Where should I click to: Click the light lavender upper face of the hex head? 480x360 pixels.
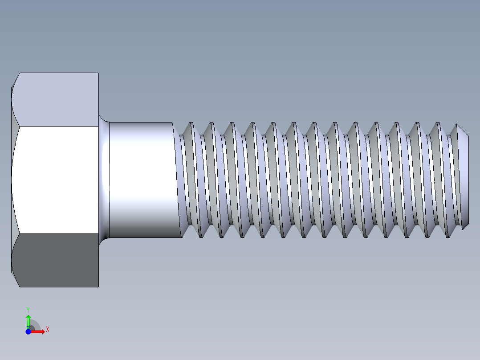point(56,99)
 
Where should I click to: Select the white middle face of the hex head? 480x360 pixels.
point(56,179)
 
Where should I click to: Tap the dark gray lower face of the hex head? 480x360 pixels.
point(56,260)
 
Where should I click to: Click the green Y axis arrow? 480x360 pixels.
point(28,320)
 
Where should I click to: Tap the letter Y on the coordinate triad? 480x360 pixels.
point(28,309)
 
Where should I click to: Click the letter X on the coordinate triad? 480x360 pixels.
point(47,330)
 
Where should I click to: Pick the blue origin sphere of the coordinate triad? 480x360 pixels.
point(28,331)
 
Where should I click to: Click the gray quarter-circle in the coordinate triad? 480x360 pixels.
point(34,327)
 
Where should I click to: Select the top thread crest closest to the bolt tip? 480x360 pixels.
point(456,125)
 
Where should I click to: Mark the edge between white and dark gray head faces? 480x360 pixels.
point(56,233)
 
